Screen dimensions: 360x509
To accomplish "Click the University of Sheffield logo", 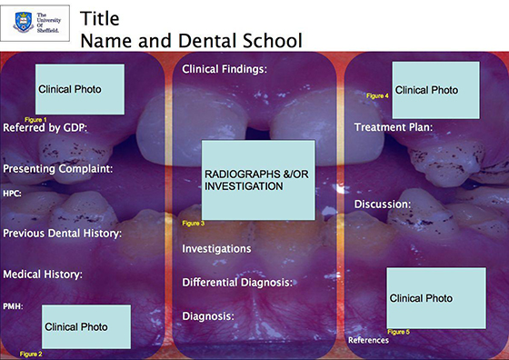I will point(39,23).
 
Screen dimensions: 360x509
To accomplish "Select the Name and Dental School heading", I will point(191,40).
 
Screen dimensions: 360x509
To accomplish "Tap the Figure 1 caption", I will point(35,119).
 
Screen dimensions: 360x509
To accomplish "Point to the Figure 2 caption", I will point(31,353).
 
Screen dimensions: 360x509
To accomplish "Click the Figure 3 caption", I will point(194,223).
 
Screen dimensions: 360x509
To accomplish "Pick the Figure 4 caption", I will point(377,95).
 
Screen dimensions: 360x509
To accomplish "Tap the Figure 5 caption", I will point(398,331).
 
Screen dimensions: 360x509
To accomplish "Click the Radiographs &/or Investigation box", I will point(257,179).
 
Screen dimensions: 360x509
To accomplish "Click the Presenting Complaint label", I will point(57,169).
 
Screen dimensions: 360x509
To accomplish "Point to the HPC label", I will point(12,194).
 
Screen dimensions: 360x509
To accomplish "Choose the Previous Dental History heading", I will point(63,234).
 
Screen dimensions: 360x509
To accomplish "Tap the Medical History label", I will point(43,274).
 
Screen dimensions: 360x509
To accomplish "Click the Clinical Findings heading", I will point(225,69).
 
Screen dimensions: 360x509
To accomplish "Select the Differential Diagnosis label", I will point(237,283).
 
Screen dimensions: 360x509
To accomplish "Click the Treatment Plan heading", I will point(393,127).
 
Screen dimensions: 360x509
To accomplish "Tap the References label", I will point(368,340).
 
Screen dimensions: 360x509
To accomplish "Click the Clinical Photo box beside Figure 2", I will point(85,326).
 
